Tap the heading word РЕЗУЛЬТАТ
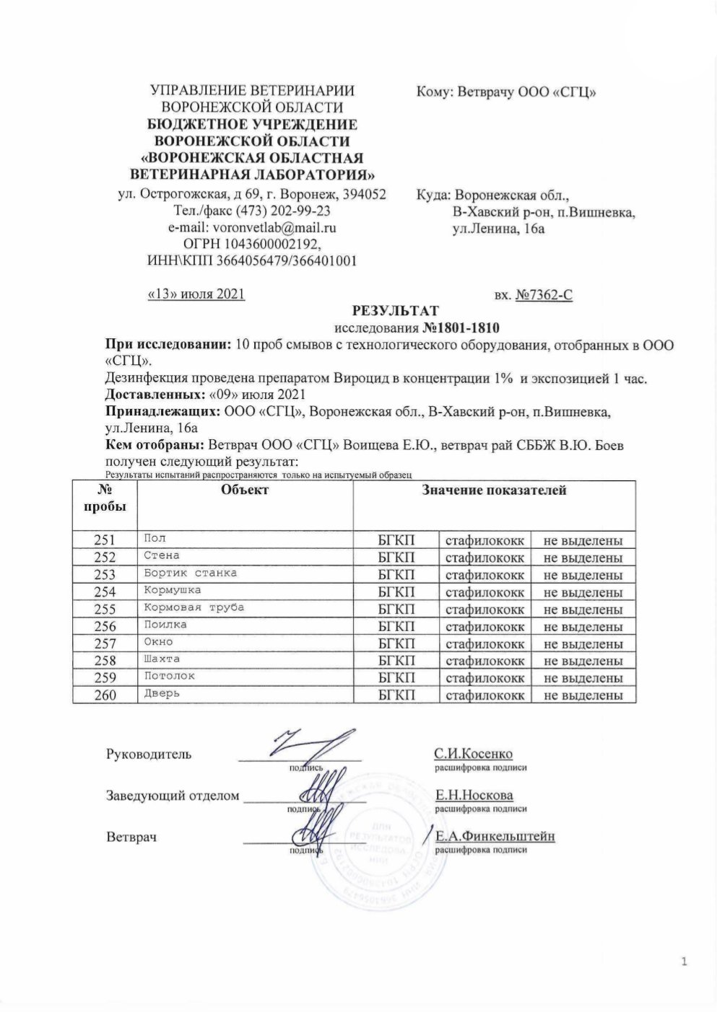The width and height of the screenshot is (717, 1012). coord(395,312)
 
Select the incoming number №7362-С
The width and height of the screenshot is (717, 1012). coord(544,294)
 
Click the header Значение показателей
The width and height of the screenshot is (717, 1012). coord(494,490)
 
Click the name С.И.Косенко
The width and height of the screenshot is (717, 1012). coord(473,754)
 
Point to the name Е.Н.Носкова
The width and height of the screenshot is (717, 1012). coord(474,796)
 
